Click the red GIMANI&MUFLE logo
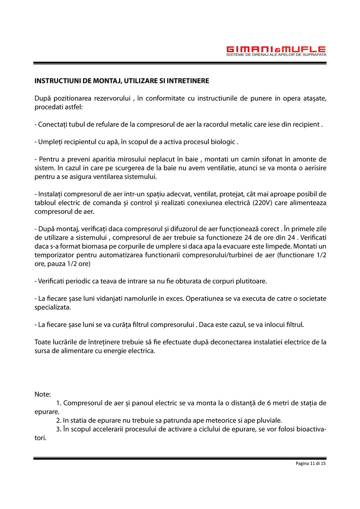(x=276, y=49)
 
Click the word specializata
(x=52, y=307)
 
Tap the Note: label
(x=43, y=394)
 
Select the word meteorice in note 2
(x=207, y=421)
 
